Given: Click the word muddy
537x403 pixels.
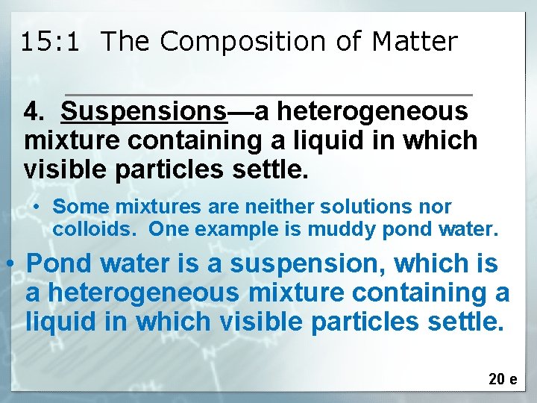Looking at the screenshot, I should pyautogui.click(x=409, y=229).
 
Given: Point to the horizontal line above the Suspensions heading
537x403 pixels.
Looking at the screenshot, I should pyautogui.click(x=269, y=95).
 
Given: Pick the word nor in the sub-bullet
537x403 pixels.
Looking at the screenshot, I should pyautogui.click(x=437, y=207).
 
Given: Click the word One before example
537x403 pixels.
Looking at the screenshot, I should pyautogui.click(x=167, y=229).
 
